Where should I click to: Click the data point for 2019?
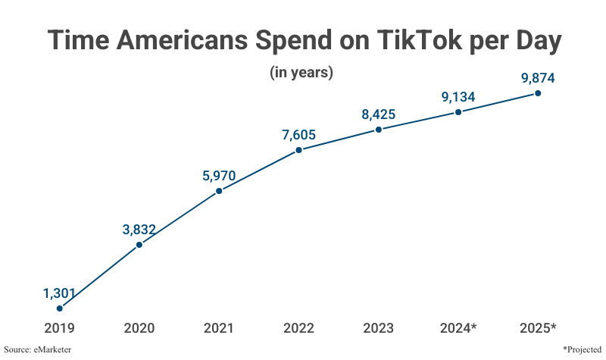(59, 308)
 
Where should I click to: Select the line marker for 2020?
(139, 245)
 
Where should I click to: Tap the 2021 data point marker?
(219, 190)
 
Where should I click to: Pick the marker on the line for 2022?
(298, 150)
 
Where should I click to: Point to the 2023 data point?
(378, 130)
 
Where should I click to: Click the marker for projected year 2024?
(458, 112)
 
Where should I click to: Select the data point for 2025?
(538, 93)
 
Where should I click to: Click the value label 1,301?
(59, 293)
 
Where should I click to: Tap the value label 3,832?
(139, 230)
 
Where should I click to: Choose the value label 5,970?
(219, 176)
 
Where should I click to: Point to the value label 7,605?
(298, 135)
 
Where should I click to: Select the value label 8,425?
(378, 115)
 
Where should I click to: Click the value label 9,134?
(458, 97)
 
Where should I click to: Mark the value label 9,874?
(538, 78)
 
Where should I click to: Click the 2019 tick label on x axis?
(59, 328)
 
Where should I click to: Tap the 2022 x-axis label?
(298, 328)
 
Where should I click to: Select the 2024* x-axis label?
(458, 328)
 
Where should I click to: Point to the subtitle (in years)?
(301, 73)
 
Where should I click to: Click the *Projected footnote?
(582, 349)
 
